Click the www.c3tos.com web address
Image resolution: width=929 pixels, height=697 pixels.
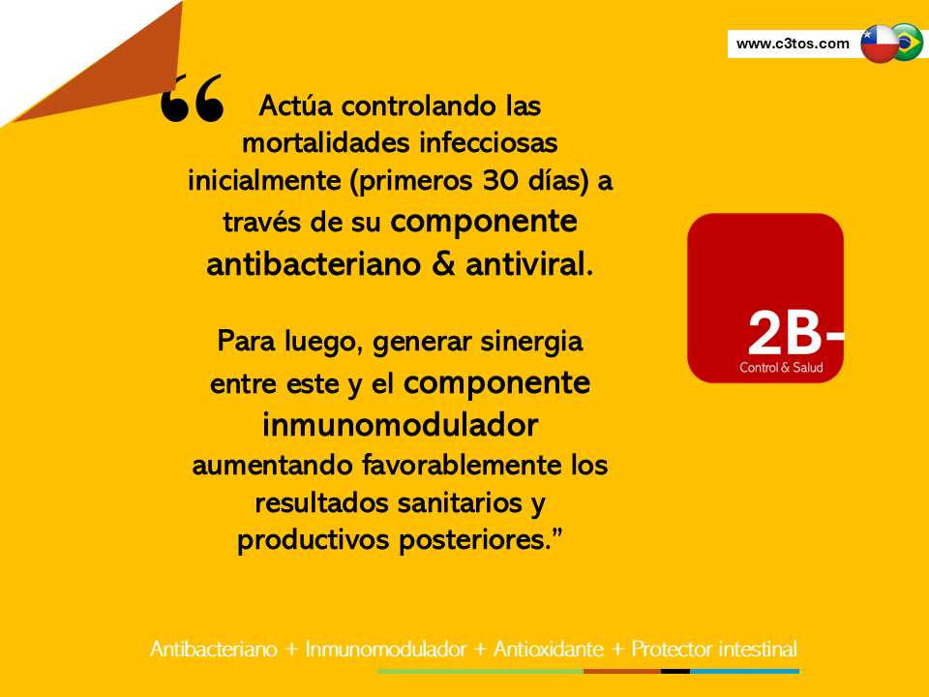coord(793,44)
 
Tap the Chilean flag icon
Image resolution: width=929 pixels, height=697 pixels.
coord(880,44)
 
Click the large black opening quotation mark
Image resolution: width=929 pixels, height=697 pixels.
coord(193,99)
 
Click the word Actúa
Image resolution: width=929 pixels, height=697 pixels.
coord(296,106)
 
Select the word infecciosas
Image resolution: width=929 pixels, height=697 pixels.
coord(488,143)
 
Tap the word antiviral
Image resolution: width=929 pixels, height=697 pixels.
coord(528,264)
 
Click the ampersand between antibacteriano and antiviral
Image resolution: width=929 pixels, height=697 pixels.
coord(443,264)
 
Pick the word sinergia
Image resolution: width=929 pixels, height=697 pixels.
coord(531,343)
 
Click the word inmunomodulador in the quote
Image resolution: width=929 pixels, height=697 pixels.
coord(400,425)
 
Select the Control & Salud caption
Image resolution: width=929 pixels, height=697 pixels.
coord(781,368)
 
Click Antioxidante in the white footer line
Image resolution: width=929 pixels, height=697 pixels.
coord(548,650)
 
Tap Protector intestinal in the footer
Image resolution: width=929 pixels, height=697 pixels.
coord(714,650)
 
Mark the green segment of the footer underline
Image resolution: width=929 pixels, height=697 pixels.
coord(481,672)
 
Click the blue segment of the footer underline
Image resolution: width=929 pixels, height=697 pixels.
coord(745,672)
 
